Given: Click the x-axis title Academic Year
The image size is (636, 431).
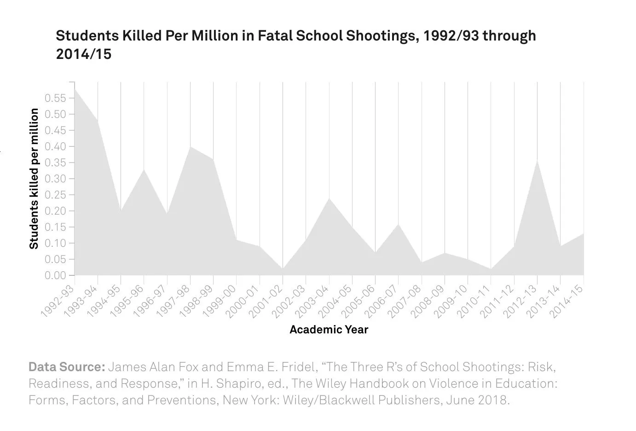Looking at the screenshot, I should point(329,330).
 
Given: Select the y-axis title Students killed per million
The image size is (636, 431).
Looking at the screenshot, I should point(34,179).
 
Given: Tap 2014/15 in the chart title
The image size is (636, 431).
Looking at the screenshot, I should point(83,54).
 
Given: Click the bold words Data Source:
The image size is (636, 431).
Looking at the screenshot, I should point(67,367).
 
